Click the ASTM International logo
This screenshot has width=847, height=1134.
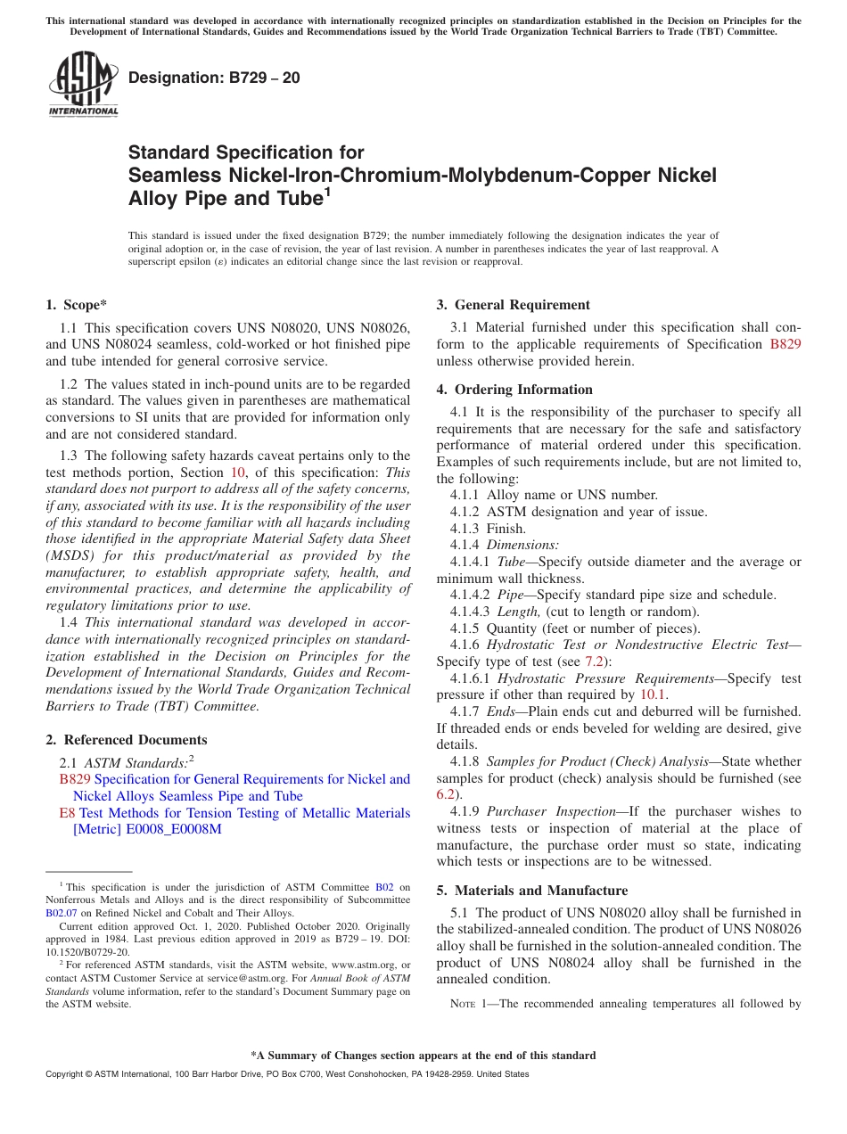coord(83,85)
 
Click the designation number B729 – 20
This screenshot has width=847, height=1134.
coord(214,78)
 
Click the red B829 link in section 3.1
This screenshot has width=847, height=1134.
coord(785,344)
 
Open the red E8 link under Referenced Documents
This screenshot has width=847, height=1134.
coord(67,813)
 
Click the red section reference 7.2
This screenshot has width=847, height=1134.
coord(594,661)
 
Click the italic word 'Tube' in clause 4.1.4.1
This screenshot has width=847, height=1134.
coord(511,562)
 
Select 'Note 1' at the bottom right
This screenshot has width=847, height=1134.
coord(469,1004)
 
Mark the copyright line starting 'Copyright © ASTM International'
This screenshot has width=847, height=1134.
coord(286,1074)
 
